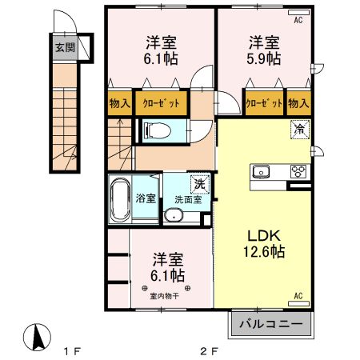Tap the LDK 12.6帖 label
[x=263, y=242]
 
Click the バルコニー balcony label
[x=274, y=326]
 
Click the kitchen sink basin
[x=263, y=171]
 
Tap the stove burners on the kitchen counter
[x=298, y=170]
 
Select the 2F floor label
[x=209, y=350]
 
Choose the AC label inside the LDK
[x=299, y=297]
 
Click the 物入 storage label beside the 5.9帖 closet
[x=298, y=103]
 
